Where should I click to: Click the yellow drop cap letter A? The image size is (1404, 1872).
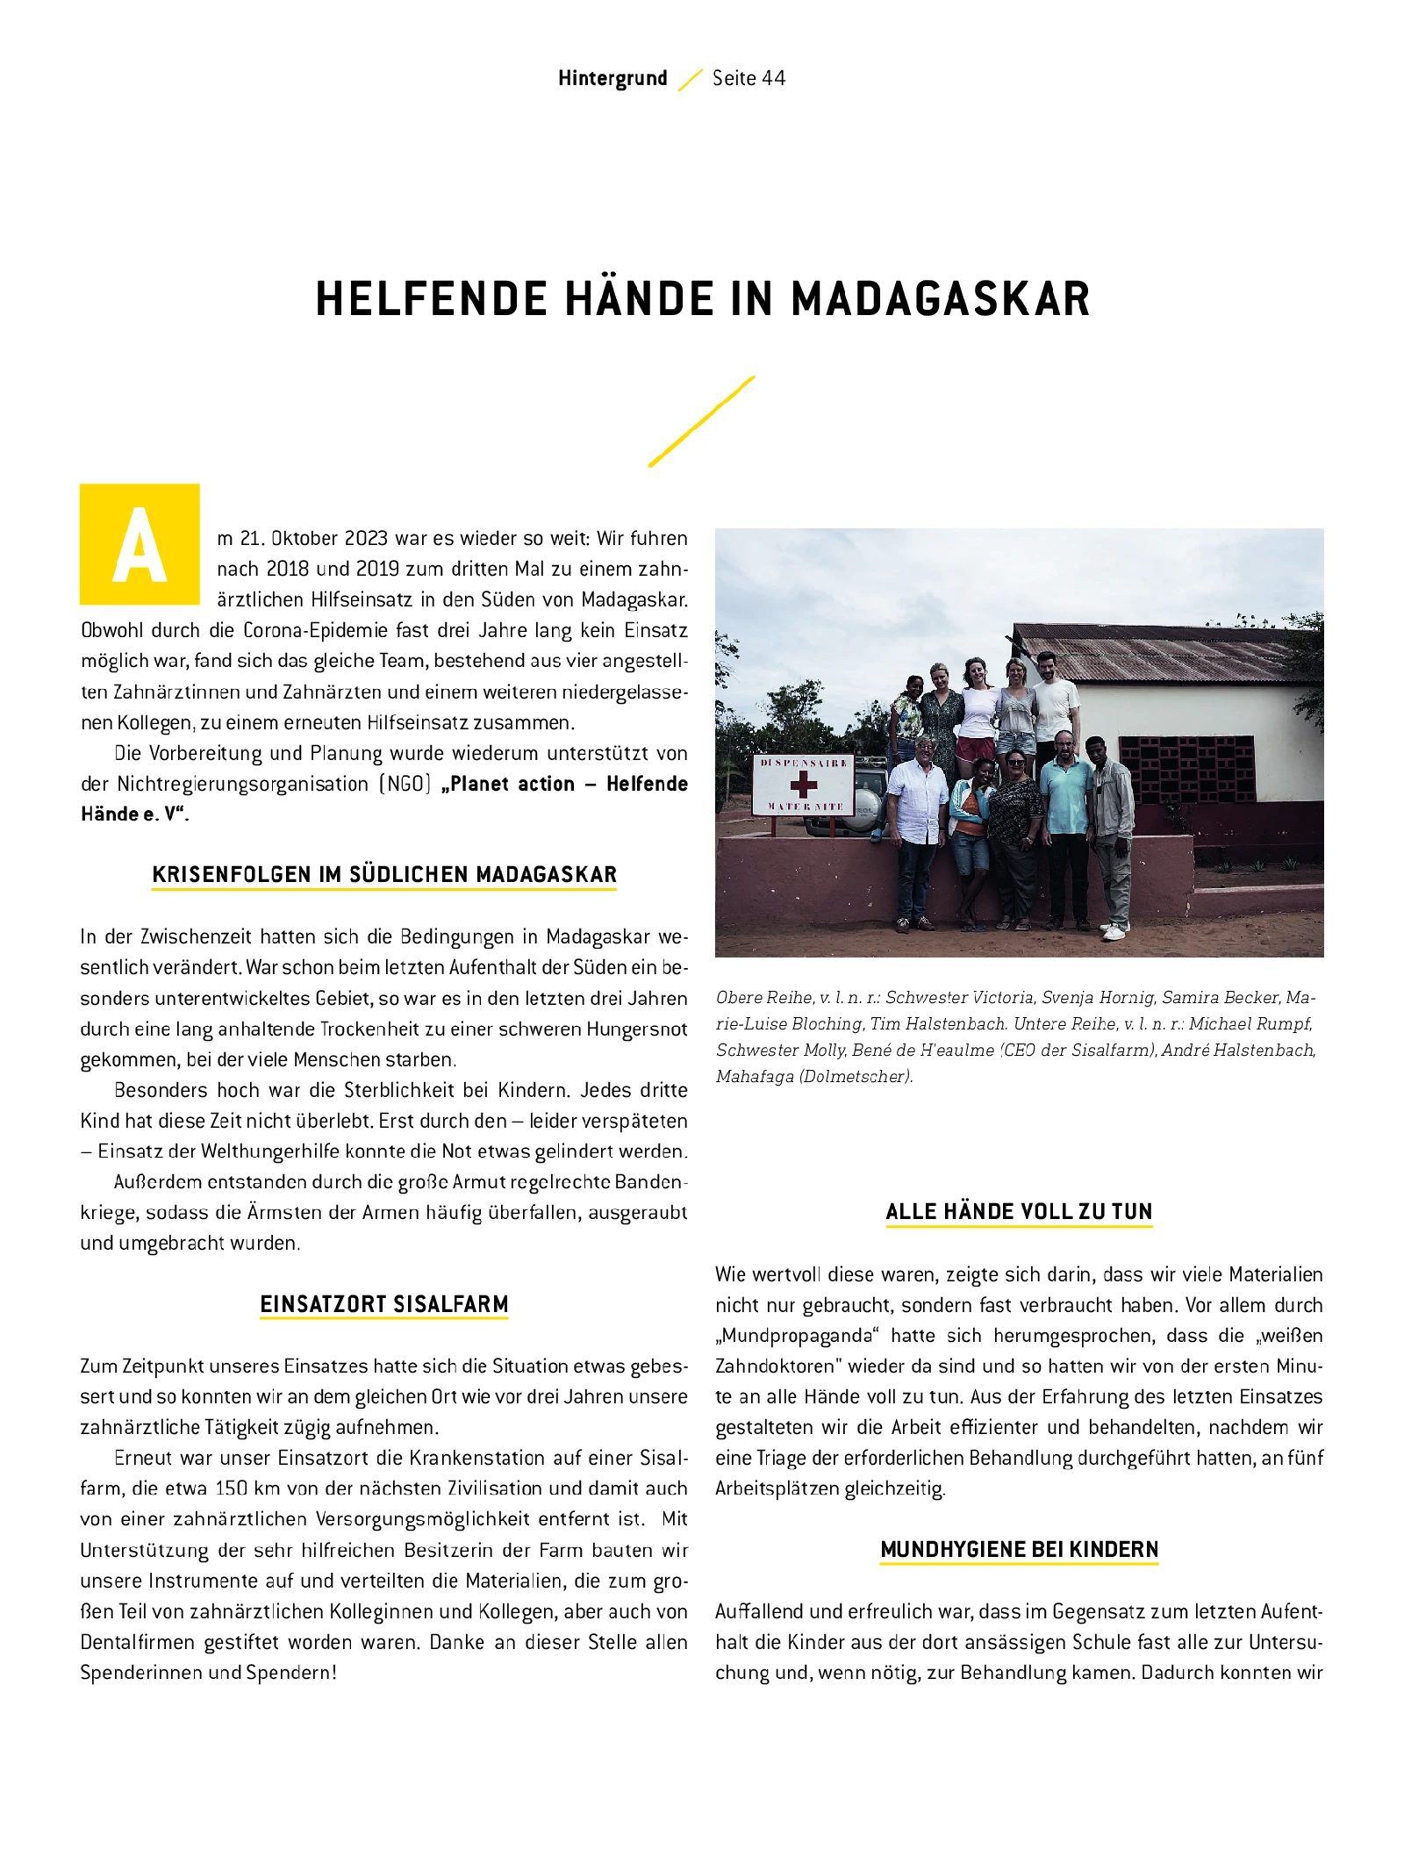tap(140, 544)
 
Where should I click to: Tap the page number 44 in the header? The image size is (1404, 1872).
tap(773, 78)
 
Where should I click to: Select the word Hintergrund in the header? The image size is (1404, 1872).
tap(612, 78)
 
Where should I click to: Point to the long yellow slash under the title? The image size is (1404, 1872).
tap(701, 421)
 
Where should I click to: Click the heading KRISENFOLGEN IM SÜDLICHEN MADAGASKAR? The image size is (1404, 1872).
tap(384, 874)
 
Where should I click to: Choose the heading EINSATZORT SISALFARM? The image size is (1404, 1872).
tap(384, 1304)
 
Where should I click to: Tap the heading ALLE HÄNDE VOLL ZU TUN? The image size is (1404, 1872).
tap(1019, 1211)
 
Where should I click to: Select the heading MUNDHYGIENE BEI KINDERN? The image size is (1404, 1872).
tap(1019, 1549)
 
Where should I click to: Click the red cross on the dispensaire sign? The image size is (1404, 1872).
tap(803, 784)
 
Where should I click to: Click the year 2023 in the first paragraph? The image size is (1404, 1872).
tap(366, 538)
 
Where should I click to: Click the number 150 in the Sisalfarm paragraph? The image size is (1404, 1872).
tap(232, 1488)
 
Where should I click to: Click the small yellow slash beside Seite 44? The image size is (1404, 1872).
tap(691, 79)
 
